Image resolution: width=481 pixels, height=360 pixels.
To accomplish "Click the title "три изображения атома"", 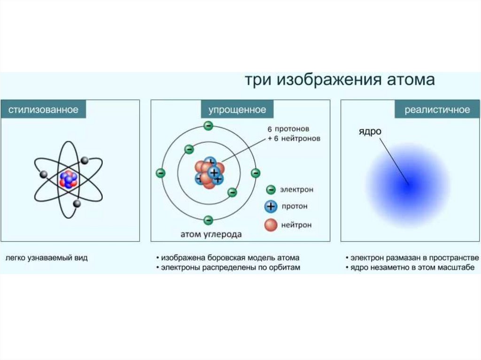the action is point(340,80).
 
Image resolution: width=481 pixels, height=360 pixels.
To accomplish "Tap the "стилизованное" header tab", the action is point(43,110).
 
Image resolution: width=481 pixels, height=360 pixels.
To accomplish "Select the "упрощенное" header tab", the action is point(237,110).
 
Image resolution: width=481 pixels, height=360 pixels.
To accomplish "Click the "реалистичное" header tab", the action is point(437,110).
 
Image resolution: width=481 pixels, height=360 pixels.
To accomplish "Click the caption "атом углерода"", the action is point(211,234).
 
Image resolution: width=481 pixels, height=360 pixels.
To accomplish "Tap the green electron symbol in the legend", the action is point(271,190).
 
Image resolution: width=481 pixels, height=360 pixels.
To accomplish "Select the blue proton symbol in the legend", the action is point(271,207).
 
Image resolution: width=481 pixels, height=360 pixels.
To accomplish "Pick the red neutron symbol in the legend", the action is point(271,225).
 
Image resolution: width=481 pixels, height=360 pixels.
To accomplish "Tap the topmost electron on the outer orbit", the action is point(209,126).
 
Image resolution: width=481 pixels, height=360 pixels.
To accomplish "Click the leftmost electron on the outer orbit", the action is point(161,173).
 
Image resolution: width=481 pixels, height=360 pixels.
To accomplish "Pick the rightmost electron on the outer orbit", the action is point(256,173).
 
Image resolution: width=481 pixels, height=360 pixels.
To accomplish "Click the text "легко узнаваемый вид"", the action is point(47,258).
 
